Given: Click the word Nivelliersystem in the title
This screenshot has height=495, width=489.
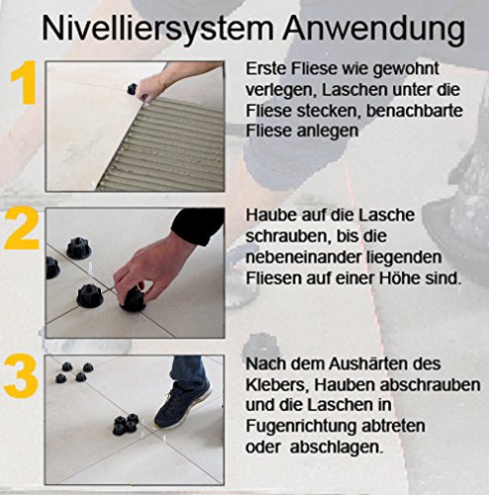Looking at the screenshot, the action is (157, 30).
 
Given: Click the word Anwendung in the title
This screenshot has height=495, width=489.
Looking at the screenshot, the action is (374, 30).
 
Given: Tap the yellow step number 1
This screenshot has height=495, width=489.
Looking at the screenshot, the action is (24, 82).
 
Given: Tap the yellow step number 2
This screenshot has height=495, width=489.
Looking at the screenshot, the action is (22, 229).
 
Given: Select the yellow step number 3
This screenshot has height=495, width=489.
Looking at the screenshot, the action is (21, 376).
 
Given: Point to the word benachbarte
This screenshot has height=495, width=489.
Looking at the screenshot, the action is (414, 111).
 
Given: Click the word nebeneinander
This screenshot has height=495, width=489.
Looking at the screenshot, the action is (304, 257).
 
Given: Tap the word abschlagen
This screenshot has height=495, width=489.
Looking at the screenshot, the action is (337, 447).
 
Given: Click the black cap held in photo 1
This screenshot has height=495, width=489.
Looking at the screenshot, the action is (132, 89).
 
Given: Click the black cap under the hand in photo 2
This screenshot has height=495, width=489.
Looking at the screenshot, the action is (133, 300).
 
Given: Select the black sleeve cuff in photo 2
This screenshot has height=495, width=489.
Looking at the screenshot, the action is (197, 227).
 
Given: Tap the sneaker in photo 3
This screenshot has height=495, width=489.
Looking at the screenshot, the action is (182, 406).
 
